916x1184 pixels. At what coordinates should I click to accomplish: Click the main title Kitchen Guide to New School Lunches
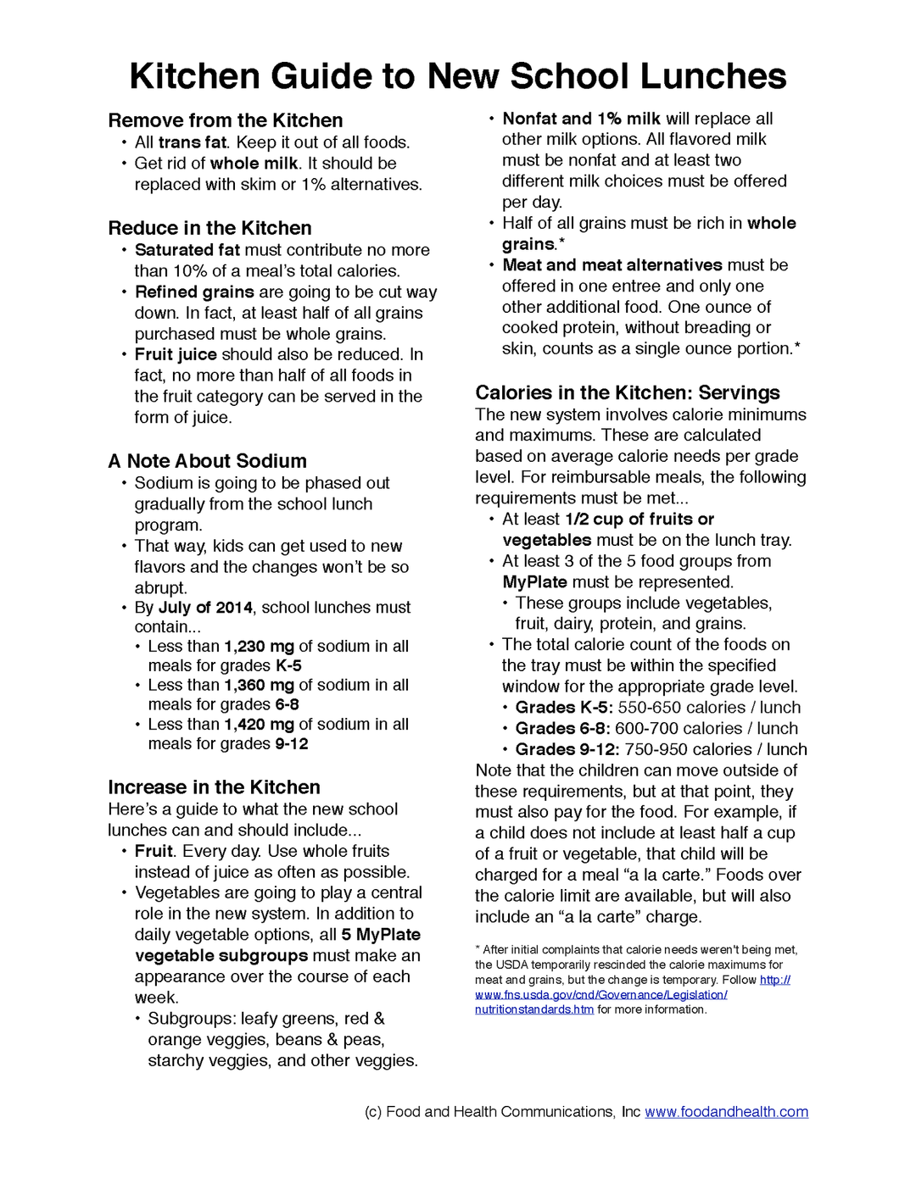[458, 76]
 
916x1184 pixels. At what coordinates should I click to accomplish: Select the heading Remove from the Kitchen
[226, 120]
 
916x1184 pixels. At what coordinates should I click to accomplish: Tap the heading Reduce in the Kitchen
[209, 228]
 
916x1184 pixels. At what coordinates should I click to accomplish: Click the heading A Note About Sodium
[207, 461]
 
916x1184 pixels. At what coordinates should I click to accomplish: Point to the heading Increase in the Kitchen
[214, 787]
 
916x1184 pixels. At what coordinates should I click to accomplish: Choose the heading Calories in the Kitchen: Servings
[627, 392]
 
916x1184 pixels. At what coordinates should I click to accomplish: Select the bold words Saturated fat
[187, 250]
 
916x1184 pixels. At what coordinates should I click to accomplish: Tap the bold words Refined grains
[194, 292]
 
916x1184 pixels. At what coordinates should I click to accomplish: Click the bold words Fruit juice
[176, 354]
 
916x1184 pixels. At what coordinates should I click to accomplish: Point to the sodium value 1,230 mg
[259, 647]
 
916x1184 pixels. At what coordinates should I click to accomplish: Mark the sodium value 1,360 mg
[259, 685]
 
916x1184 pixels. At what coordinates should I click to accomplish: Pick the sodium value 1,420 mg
[259, 725]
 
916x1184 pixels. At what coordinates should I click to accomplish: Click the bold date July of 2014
[205, 608]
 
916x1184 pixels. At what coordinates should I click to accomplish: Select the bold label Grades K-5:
[564, 708]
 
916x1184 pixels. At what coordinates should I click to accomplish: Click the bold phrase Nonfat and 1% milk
[581, 119]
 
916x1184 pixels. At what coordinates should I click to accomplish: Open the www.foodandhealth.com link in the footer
[726, 1112]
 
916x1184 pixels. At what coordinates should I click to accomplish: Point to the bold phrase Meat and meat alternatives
[612, 265]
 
